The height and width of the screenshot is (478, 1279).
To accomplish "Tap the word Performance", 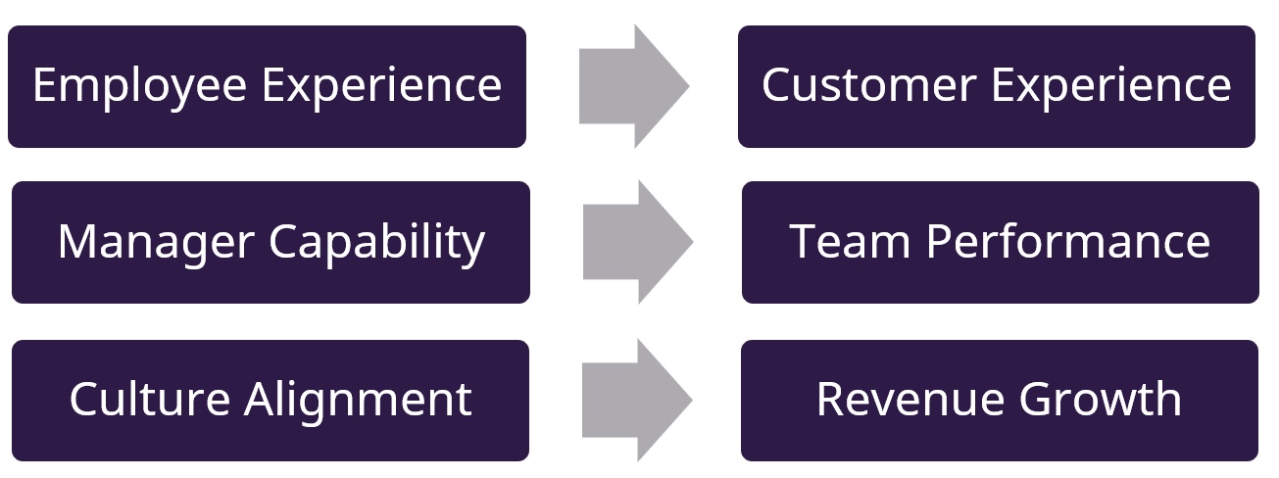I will click(1061, 242).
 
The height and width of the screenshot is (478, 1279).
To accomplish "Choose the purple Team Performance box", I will click(1000, 284).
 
